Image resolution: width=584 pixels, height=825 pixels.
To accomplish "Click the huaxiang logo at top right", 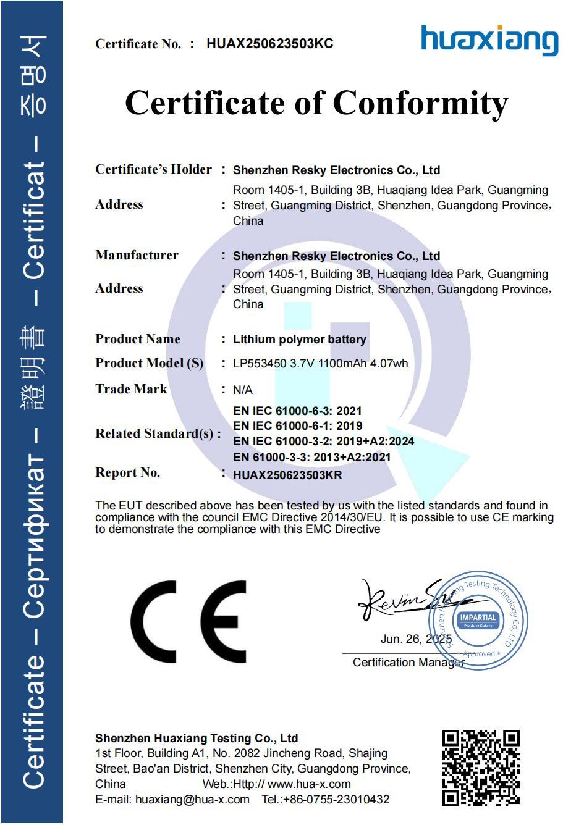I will coord(489,40).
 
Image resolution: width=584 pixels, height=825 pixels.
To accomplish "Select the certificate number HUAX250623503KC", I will coord(270,43).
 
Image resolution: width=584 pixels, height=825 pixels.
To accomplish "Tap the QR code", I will coord(481,768).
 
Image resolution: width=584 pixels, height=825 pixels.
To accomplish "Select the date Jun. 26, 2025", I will coord(416,639).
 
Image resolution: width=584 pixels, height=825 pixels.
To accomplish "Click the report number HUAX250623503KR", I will coord(287,475).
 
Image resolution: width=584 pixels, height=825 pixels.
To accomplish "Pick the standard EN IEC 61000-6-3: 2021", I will coord(297,411).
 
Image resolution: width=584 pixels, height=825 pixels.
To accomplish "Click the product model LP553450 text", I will coord(259,364).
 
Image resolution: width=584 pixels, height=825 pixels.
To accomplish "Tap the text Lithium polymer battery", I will coord(299,340).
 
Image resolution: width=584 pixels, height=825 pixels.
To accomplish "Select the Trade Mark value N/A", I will coord(243,390).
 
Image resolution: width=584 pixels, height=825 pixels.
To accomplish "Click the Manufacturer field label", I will coord(137,256).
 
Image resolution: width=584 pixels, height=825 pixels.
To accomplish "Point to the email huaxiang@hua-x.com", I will coord(192,799).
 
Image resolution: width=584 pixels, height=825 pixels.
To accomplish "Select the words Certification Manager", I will coord(408,663).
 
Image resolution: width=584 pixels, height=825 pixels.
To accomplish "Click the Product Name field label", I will coord(138,339).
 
